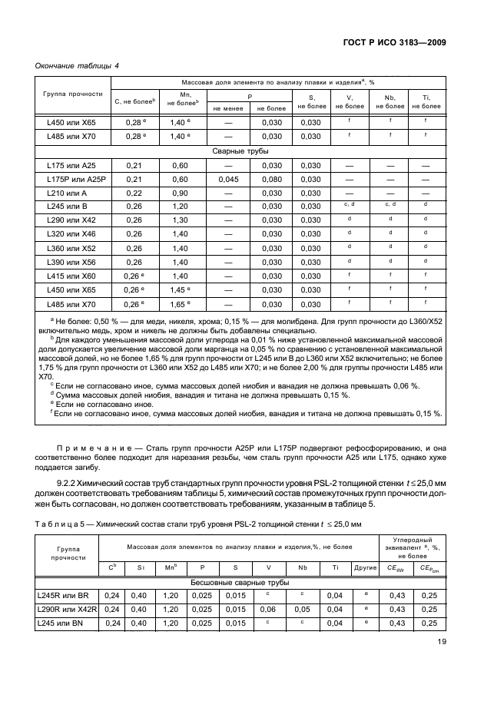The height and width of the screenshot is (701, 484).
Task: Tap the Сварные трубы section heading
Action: (240, 151)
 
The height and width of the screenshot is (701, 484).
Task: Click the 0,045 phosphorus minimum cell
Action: (228, 179)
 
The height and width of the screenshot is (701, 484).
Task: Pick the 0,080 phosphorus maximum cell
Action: (272, 179)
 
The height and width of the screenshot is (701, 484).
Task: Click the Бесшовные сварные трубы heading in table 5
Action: (240, 583)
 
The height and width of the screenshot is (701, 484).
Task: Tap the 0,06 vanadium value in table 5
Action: (268, 609)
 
